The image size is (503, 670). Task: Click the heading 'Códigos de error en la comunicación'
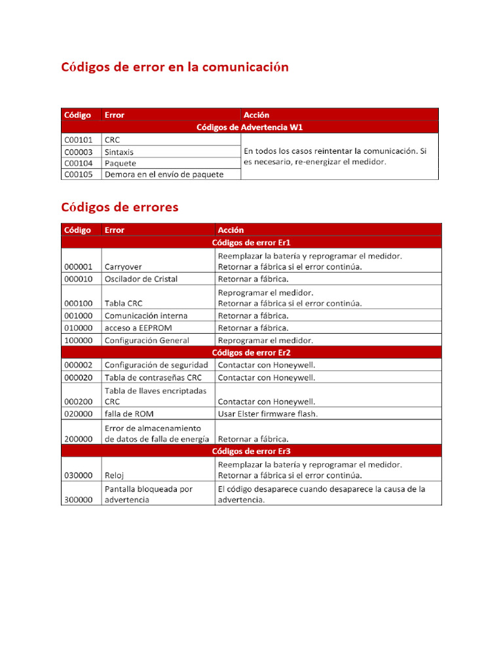coord(175,67)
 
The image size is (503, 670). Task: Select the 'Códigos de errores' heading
coord(120,207)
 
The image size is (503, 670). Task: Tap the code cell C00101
coord(78,140)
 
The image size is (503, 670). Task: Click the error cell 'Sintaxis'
coord(119,152)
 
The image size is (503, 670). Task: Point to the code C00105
coord(78,174)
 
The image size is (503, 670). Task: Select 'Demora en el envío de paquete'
coord(164,174)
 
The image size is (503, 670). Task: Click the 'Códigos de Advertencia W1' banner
coord(250,127)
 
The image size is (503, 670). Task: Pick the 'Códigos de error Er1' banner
coord(251,243)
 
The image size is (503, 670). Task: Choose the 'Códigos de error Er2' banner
coord(251,353)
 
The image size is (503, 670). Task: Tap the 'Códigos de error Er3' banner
coord(251,451)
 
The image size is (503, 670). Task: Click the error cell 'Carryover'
coord(123,267)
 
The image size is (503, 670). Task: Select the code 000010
coord(78,279)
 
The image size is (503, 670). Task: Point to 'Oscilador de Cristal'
coord(141,279)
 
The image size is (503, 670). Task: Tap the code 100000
coord(78,340)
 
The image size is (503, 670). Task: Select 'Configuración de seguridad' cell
coord(157,365)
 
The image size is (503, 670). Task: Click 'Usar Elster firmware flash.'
coord(267,414)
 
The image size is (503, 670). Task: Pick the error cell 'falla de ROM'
coord(129,414)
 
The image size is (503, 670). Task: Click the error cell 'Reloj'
coord(115,476)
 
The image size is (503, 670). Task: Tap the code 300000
coord(78,500)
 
